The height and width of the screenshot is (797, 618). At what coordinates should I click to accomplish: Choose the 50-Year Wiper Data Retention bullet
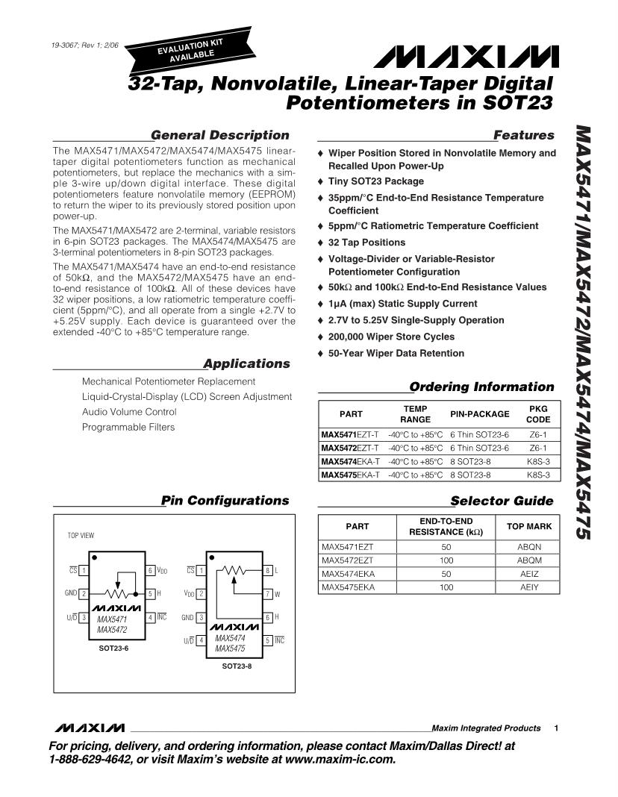point(396,353)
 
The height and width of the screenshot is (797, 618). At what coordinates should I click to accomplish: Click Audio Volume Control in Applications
point(129,412)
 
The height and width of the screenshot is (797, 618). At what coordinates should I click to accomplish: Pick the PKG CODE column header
point(538,414)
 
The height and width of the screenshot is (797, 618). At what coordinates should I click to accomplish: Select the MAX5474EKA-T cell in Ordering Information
point(349,461)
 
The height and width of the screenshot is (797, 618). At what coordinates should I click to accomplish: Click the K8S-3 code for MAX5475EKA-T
point(538,475)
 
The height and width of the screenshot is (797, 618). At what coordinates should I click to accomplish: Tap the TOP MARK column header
point(529,526)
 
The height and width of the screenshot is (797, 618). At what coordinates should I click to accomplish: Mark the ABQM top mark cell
point(529,560)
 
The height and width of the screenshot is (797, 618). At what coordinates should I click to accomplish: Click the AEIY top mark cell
point(529,587)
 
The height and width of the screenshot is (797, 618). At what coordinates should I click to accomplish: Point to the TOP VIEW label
point(81,535)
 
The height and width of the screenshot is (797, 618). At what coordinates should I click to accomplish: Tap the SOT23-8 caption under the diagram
point(237,666)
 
